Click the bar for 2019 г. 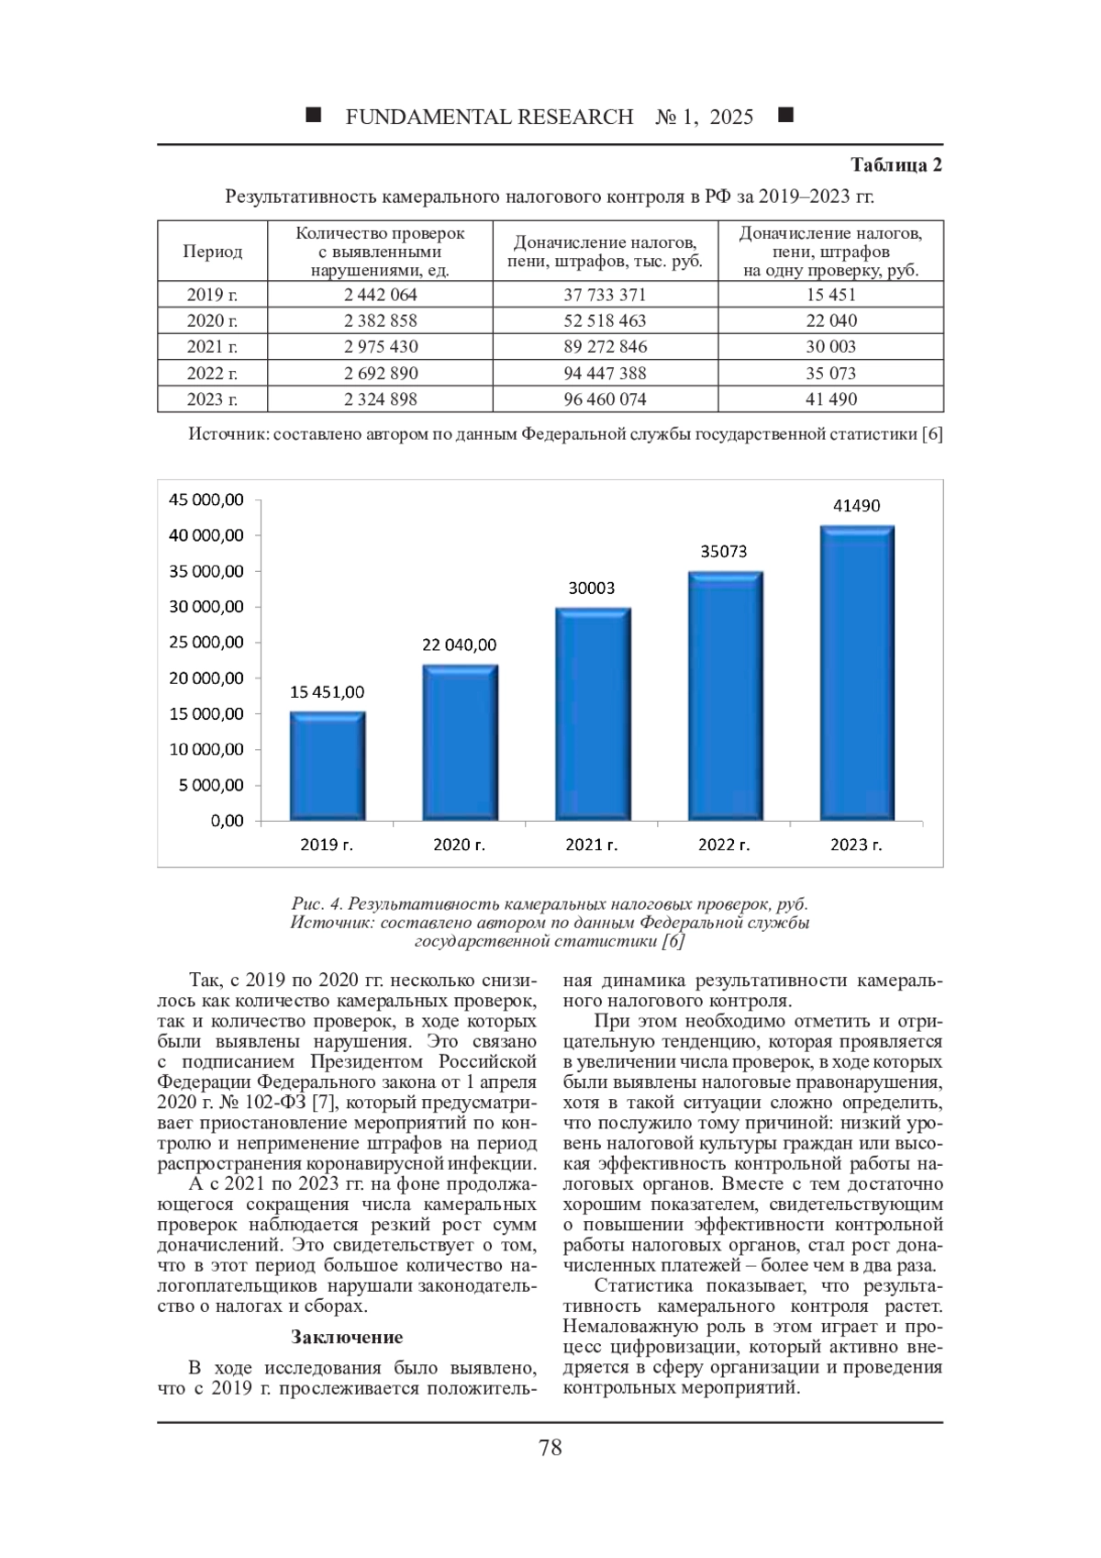tap(328, 766)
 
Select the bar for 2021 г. tap(592, 714)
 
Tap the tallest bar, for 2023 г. tap(857, 672)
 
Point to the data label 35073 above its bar tap(724, 552)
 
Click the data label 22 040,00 tap(459, 644)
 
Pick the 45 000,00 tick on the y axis tap(206, 499)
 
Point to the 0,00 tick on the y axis tap(227, 821)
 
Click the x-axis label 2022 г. tap(724, 845)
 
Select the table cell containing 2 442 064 tap(380, 295)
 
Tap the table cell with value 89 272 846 tap(605, 347)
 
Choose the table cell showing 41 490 tap(830, 399)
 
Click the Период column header tap(212, 252)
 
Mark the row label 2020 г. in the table tap(212, 320)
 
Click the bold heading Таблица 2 tap(895, 165)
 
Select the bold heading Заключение tap(347, 1337)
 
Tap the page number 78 tap(550, 1448)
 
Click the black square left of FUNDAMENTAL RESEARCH tap(313, 116)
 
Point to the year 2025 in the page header tap(731, 117)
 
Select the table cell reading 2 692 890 tap(380, 373)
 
